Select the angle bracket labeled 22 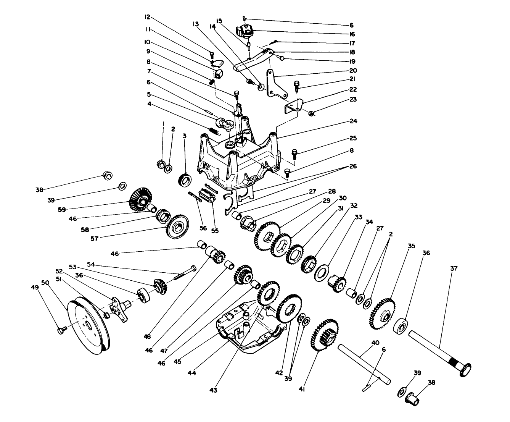(x=293, y=107)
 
